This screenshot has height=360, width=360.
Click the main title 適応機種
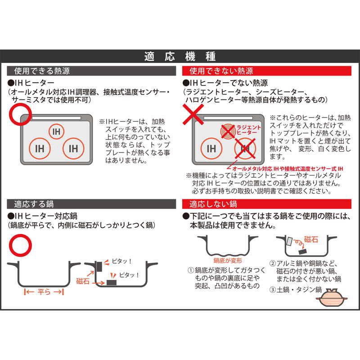pyautogui.click(x=180, y=57)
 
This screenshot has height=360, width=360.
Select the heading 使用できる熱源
pyautogui.click(x=42, y=71)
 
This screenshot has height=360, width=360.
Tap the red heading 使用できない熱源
pyautogui.click(x=221, y=71)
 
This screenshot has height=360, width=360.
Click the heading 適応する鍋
pyautogui.click(x=34, y=204)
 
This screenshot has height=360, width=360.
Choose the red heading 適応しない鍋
pyautogui.click(x=213, y=204)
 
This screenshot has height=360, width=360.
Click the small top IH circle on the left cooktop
pyautogui.click(x=56, y=131)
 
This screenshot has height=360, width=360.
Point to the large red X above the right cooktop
pyautogui.click(x=193, y=114)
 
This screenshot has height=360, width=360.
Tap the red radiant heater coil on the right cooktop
pyautogui.click(x=228, y=131)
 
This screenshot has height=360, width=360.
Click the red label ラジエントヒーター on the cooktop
pyautogui.click(x=249, y=130)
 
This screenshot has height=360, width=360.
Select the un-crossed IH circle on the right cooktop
pyautogui.click(x=211, y=148)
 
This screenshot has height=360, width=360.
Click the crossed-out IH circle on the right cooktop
pyautogui.click(x=245, y=148)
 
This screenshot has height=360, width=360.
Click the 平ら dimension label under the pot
pyautogui.click(x=44, y=292)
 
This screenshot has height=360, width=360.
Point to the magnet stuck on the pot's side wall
pyautogui.click(x=99, y=266)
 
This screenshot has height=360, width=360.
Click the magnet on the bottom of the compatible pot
pyautogui.click(x=112, y=283)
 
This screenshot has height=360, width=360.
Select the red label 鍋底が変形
pyautogui.click(x=228, y=261)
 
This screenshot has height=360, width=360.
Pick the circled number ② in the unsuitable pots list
pyautogui.click(x=272, y=263)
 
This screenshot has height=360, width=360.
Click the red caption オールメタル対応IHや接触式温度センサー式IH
pyautogui.click(x=288, y=169)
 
